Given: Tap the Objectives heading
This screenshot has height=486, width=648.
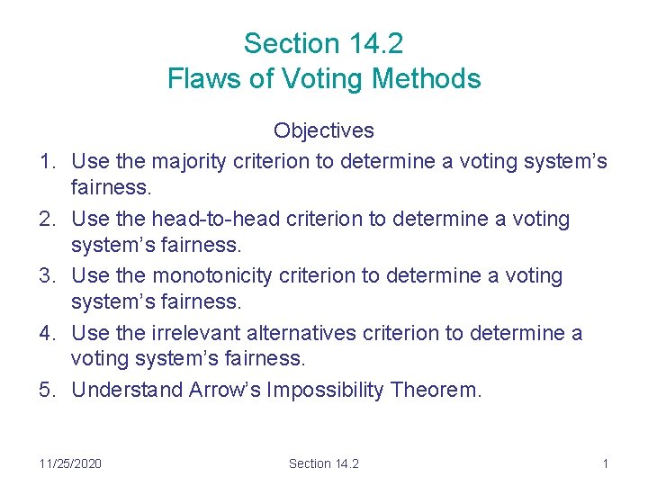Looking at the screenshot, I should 323,130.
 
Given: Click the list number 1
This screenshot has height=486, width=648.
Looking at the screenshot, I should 46,161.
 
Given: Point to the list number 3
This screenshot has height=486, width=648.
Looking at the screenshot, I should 46,275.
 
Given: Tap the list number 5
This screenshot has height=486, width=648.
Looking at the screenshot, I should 46,390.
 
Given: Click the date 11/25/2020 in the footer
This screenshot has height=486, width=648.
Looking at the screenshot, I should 70,463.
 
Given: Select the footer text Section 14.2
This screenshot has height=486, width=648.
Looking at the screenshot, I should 323,463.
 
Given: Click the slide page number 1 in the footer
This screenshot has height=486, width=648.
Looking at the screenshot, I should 606,463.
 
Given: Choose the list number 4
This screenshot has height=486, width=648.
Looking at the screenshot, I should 46,333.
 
